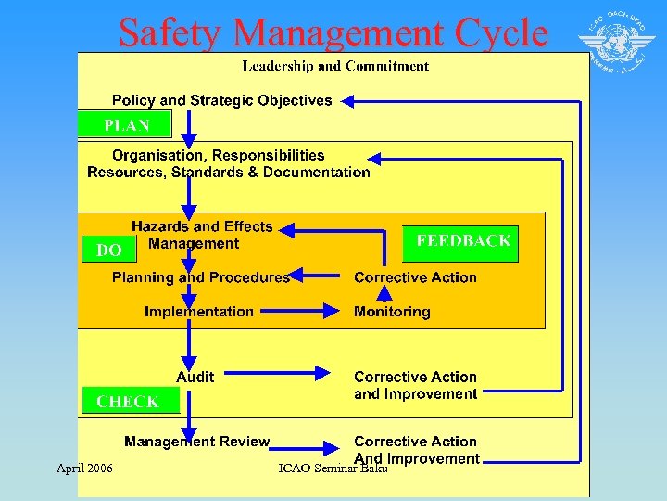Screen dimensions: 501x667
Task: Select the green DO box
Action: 109,250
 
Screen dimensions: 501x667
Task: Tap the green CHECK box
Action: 128,401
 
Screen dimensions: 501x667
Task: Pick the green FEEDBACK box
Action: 460,242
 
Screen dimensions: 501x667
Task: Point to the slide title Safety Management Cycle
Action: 333,32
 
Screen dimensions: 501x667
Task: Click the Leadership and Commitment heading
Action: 335,66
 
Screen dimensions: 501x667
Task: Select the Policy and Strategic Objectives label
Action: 221,100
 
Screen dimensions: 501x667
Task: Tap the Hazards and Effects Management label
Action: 201,235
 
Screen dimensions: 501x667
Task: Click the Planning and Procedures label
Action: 200,277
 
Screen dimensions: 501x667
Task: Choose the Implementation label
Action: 198,312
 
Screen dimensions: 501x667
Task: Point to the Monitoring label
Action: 392,312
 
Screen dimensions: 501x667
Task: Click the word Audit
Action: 195,377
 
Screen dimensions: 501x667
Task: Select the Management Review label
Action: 196,442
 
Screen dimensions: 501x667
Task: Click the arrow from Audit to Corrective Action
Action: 277,374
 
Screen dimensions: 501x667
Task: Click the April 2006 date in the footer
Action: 84,468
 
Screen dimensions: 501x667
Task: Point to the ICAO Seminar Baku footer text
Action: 333,469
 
